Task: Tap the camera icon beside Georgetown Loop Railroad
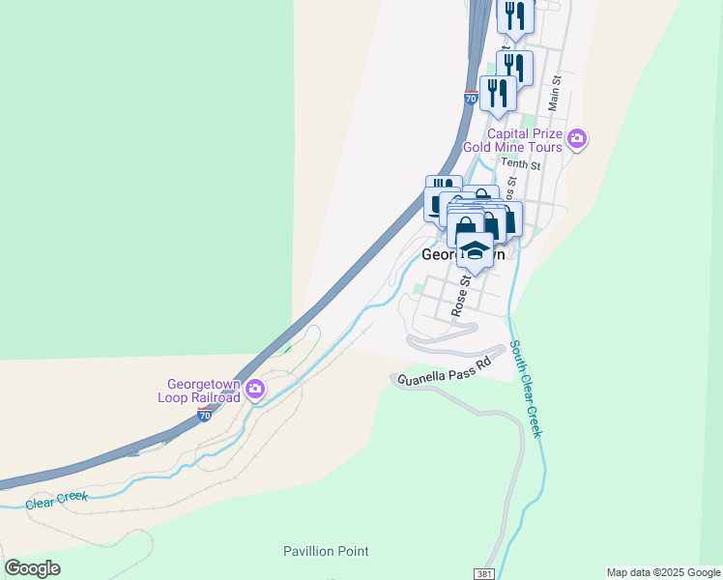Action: click(255, 391)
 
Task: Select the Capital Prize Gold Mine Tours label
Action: click(511, 140)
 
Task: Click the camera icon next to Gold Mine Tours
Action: click(577, 139)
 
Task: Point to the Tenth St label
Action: click(520, 165)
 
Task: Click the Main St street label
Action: click(555, 93)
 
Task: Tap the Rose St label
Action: click(461, 294)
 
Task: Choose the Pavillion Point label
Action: click(326, 552)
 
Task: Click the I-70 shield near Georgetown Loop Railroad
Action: click(204, 415)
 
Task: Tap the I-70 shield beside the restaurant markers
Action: click(471, 99)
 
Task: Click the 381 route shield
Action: click(486, 573)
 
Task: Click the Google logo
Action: click(32, 568)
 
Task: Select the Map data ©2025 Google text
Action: click(662, 572)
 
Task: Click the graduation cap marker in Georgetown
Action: click(474, 249)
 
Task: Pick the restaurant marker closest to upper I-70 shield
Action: click(498, 93)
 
